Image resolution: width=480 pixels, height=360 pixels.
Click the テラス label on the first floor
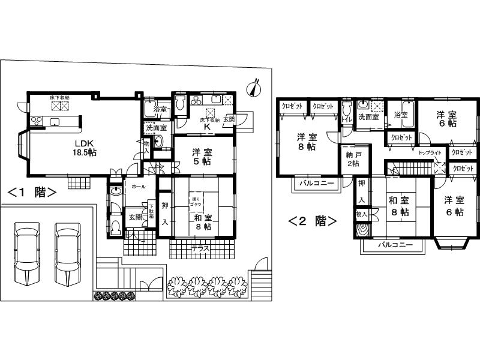click(x=200, y=247)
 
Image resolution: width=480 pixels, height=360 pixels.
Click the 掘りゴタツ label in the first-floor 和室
click(x=196, y=202)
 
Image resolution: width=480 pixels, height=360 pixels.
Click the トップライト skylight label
click(x=430, y=154)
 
